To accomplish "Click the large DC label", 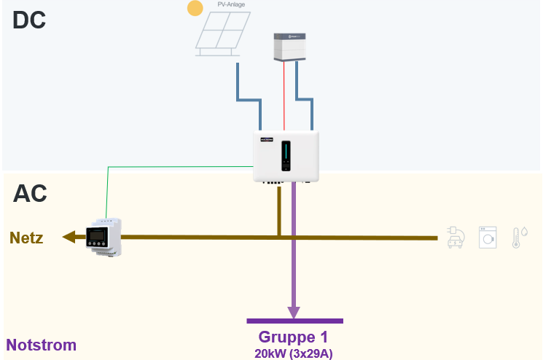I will [x=29, y=20].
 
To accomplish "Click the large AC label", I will [x=30, y=193].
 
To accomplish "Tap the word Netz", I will [x=26, y=238].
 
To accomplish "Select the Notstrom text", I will [x=42, y=345].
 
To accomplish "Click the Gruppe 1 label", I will [x=293, y=337].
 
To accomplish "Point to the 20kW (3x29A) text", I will [x=293, y=353].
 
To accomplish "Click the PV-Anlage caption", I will [x=231, y=4].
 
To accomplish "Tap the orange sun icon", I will [x=195, y=9].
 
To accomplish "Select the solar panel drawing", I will [x=221, y=34].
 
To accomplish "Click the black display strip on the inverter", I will [x=286, y=154].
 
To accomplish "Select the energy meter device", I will [x=102, y=236].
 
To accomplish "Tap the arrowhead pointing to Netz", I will [x=70, y=237].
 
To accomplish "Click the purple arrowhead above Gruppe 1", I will [x=294, y=312].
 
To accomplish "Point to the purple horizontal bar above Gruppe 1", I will [x=294, y=321].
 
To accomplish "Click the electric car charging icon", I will [x=453, y=237].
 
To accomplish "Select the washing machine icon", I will [x=487, y=237].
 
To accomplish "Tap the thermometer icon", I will [x=517, y=237].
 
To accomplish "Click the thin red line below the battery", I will [x=284, y=95].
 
